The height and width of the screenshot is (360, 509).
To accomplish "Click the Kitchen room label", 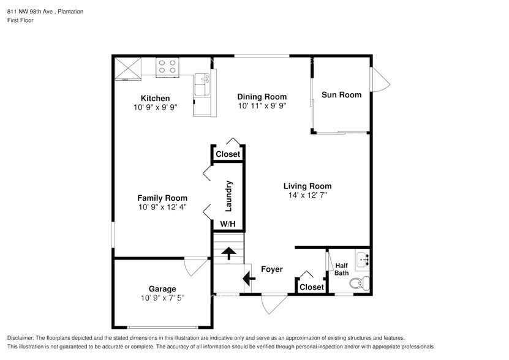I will click(x=155, y=98).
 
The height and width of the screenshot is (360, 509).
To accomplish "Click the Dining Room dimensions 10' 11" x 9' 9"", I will click(x=262, y=106).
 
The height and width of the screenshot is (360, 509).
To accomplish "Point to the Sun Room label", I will click(x=341, y=95).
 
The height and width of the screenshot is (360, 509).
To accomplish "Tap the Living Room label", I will click(x=307, y=186).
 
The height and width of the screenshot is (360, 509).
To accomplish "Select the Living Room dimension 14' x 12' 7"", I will click(x=307, y=195).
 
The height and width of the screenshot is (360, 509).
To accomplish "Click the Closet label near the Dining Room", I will click(x=228, y=154).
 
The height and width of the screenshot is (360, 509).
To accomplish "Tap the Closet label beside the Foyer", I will click(x=311, y=287).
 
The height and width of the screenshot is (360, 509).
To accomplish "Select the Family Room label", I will click(x=162, y=198).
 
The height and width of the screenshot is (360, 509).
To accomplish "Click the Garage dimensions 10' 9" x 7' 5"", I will click(x=162, y=298).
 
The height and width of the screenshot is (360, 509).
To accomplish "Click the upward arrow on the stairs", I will click(x=228, y=253).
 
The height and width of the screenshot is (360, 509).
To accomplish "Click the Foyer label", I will click(x=271, y=269).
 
